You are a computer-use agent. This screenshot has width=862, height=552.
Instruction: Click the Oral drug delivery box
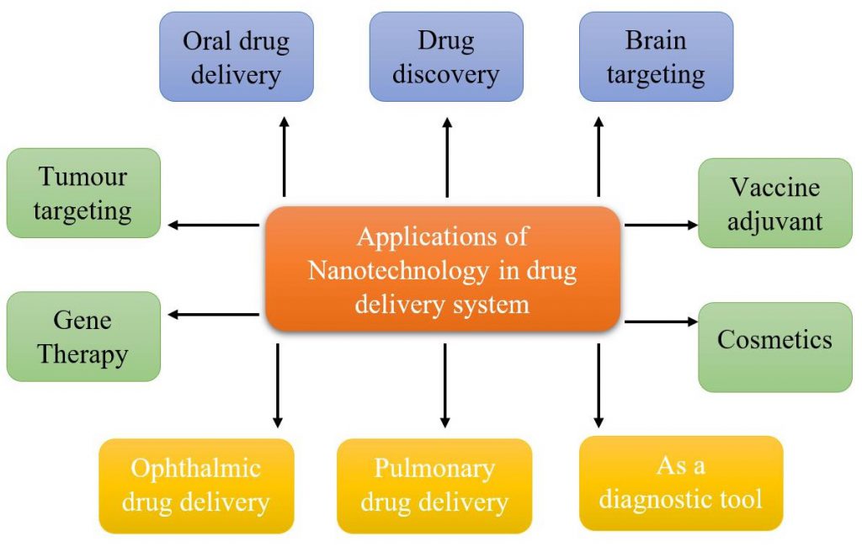(x=236, y=56)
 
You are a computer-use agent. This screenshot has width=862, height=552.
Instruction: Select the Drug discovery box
(x=446, y=56)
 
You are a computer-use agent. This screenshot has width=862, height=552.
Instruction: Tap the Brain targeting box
(x=656, y=56)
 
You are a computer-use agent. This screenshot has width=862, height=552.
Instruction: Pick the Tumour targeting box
(x=82, y=193)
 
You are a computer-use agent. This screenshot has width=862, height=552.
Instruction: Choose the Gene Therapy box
(x=82, y=337)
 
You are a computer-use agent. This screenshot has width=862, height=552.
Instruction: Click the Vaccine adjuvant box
(x=775, y=203)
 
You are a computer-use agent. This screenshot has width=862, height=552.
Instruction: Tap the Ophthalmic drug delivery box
(x=196, y=485)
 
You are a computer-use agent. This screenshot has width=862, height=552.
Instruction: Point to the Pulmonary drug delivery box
(x=434, y=485)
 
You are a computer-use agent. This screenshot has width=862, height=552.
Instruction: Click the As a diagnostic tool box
(x=681, y=482)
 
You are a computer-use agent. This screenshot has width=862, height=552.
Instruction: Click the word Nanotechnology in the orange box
(x=398, y=271)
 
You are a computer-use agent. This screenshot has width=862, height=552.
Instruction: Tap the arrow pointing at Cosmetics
(x=661, y=321)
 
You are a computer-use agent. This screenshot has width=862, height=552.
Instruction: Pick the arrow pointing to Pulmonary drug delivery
(x=445, y=384)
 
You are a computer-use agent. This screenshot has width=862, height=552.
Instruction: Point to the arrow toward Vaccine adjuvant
(x=661, y=225)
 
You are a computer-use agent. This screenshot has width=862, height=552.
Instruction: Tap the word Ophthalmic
(x=196, y=468)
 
